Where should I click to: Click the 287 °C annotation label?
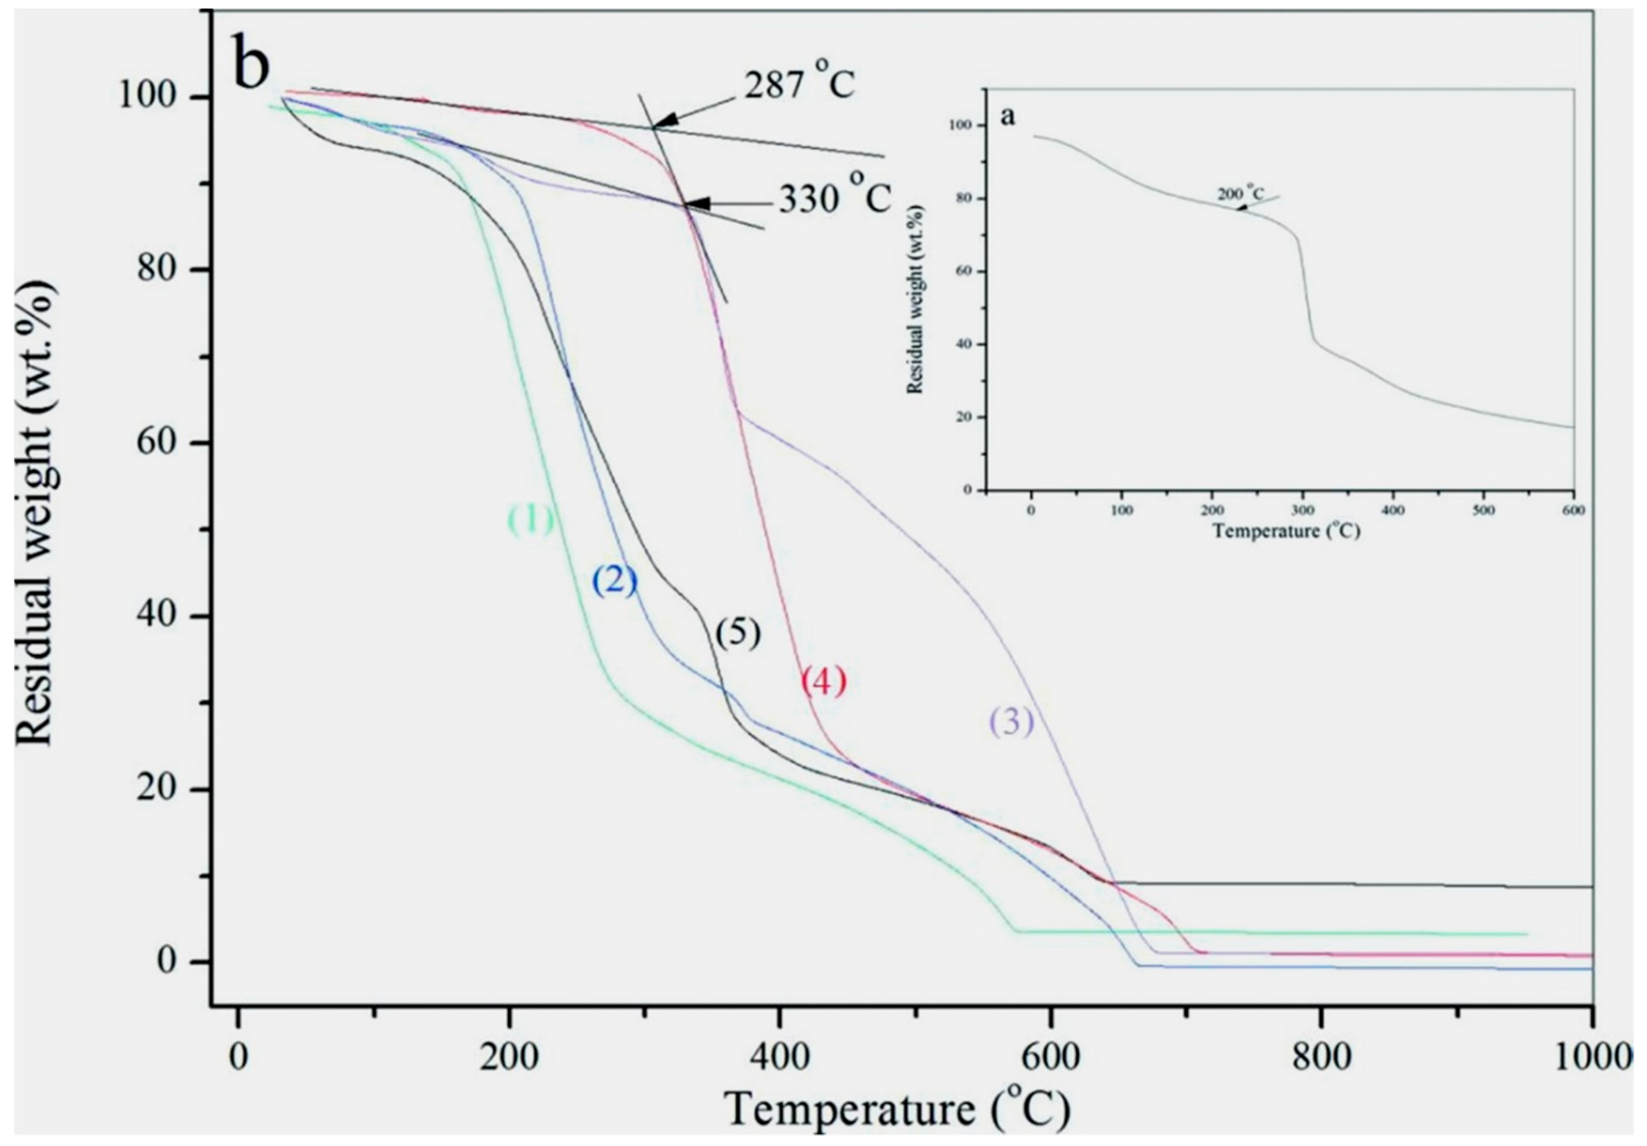(798, 84)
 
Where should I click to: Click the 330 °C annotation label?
(835, 198)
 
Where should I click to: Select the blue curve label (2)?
(615, 581)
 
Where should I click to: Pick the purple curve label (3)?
(1012, 723)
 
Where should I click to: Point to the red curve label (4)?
(823, 681)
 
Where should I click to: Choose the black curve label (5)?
(737, 633)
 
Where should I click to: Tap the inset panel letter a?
(1008, 117)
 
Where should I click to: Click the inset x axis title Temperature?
(1286, 531)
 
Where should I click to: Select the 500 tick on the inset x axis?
(1484, 510)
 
